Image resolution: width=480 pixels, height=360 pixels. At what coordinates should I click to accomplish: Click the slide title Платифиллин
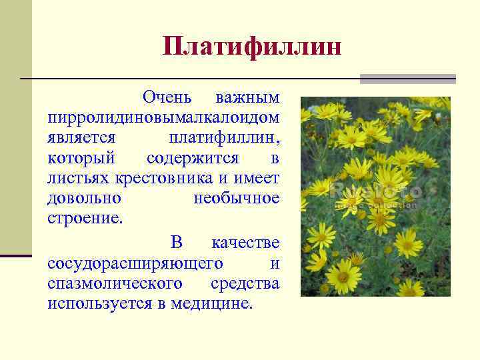[x=252, y=48]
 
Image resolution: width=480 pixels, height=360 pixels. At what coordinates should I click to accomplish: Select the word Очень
[x=167, y=97]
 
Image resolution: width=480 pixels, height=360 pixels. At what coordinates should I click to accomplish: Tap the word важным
[x=247, y=97]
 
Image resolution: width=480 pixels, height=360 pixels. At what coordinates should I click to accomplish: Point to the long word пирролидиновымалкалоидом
[x=163, y=117]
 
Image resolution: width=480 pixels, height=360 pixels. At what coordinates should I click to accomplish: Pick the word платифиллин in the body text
[x=225, y=138]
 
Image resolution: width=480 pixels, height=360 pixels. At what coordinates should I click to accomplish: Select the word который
[x=82, y=159]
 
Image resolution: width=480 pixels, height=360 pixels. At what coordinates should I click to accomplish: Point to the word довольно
[x=84, y=199]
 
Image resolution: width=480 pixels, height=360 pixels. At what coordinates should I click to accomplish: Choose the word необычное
[x=237, y=199]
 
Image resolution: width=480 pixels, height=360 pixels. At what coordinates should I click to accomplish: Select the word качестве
[x=245, y=241]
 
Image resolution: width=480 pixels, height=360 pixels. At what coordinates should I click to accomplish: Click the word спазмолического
[x=115, y=283]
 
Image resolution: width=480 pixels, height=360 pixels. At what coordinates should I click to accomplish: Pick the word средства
[x=245, y=283]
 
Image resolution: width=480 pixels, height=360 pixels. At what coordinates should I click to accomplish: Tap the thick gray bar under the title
[x=407, y=79]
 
